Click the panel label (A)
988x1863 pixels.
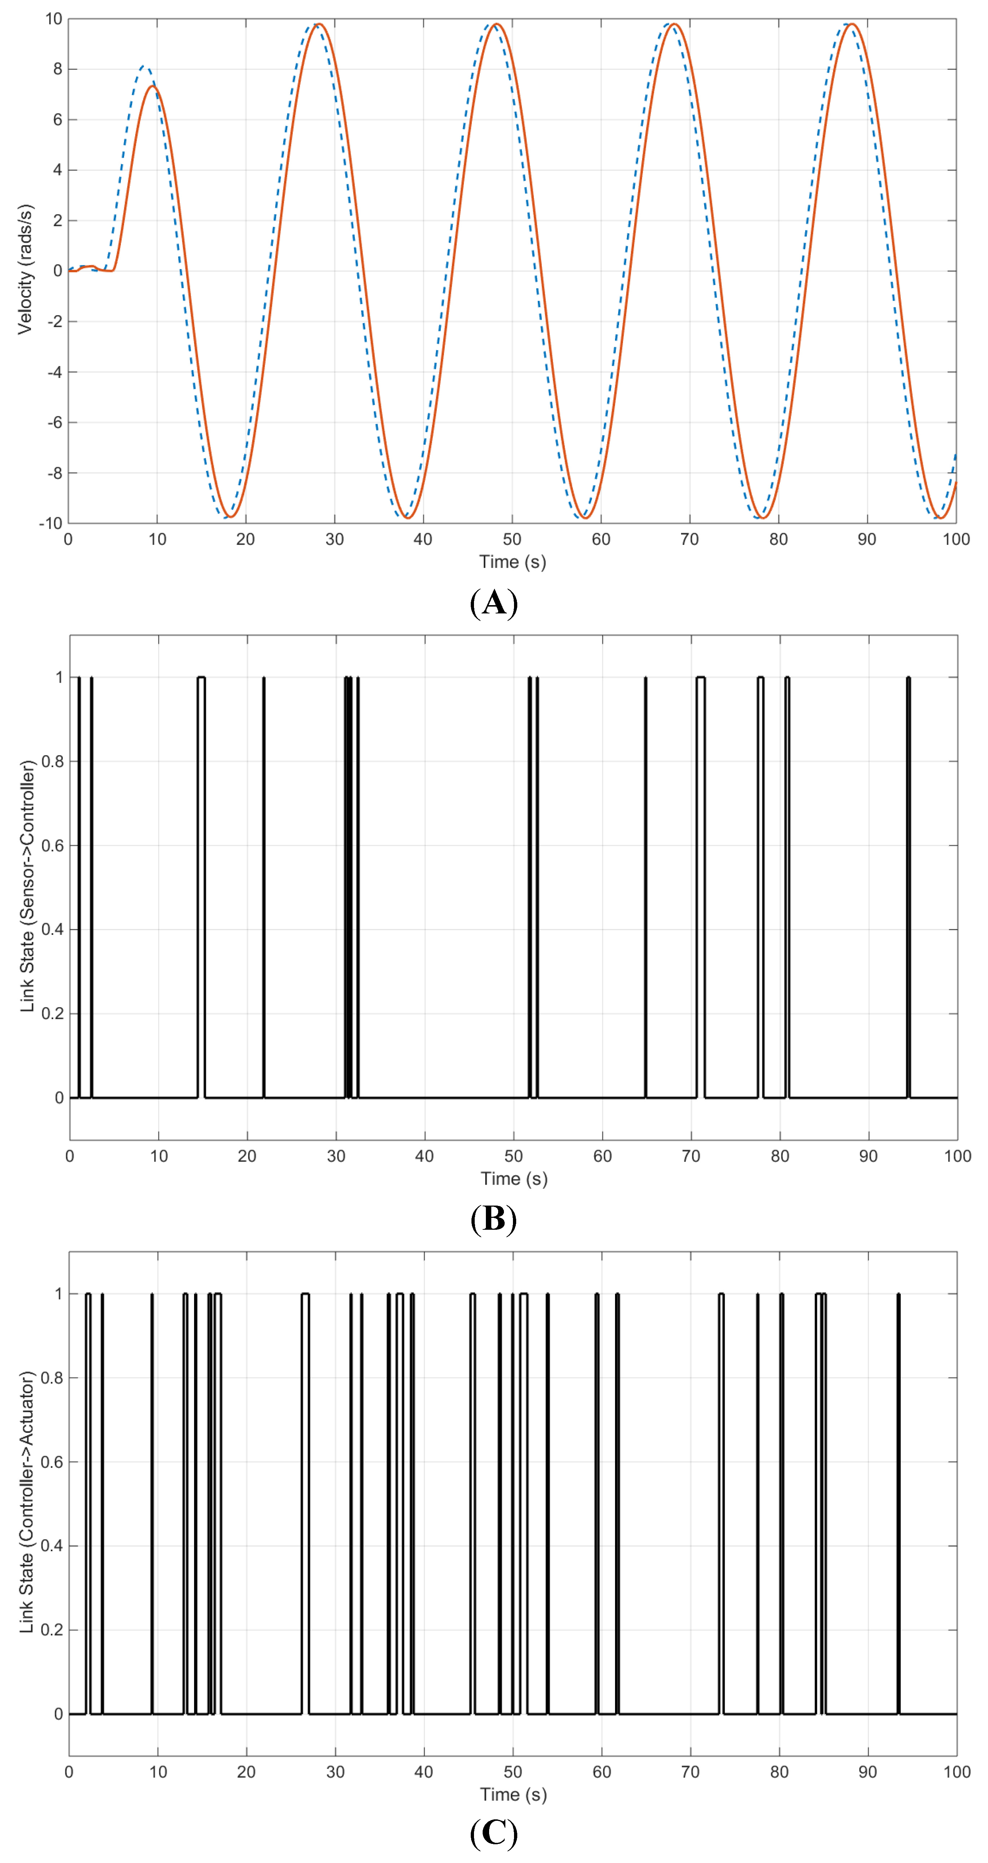(x=494, y=603)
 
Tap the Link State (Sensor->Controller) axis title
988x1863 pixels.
(x=27, y=886)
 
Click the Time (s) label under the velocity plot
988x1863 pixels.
(x=512, y=562)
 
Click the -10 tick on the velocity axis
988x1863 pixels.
(x=51, y=523)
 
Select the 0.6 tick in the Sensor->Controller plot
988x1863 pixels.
(x=53, y=845)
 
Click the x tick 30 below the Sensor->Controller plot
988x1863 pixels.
(x=335, y=1156)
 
